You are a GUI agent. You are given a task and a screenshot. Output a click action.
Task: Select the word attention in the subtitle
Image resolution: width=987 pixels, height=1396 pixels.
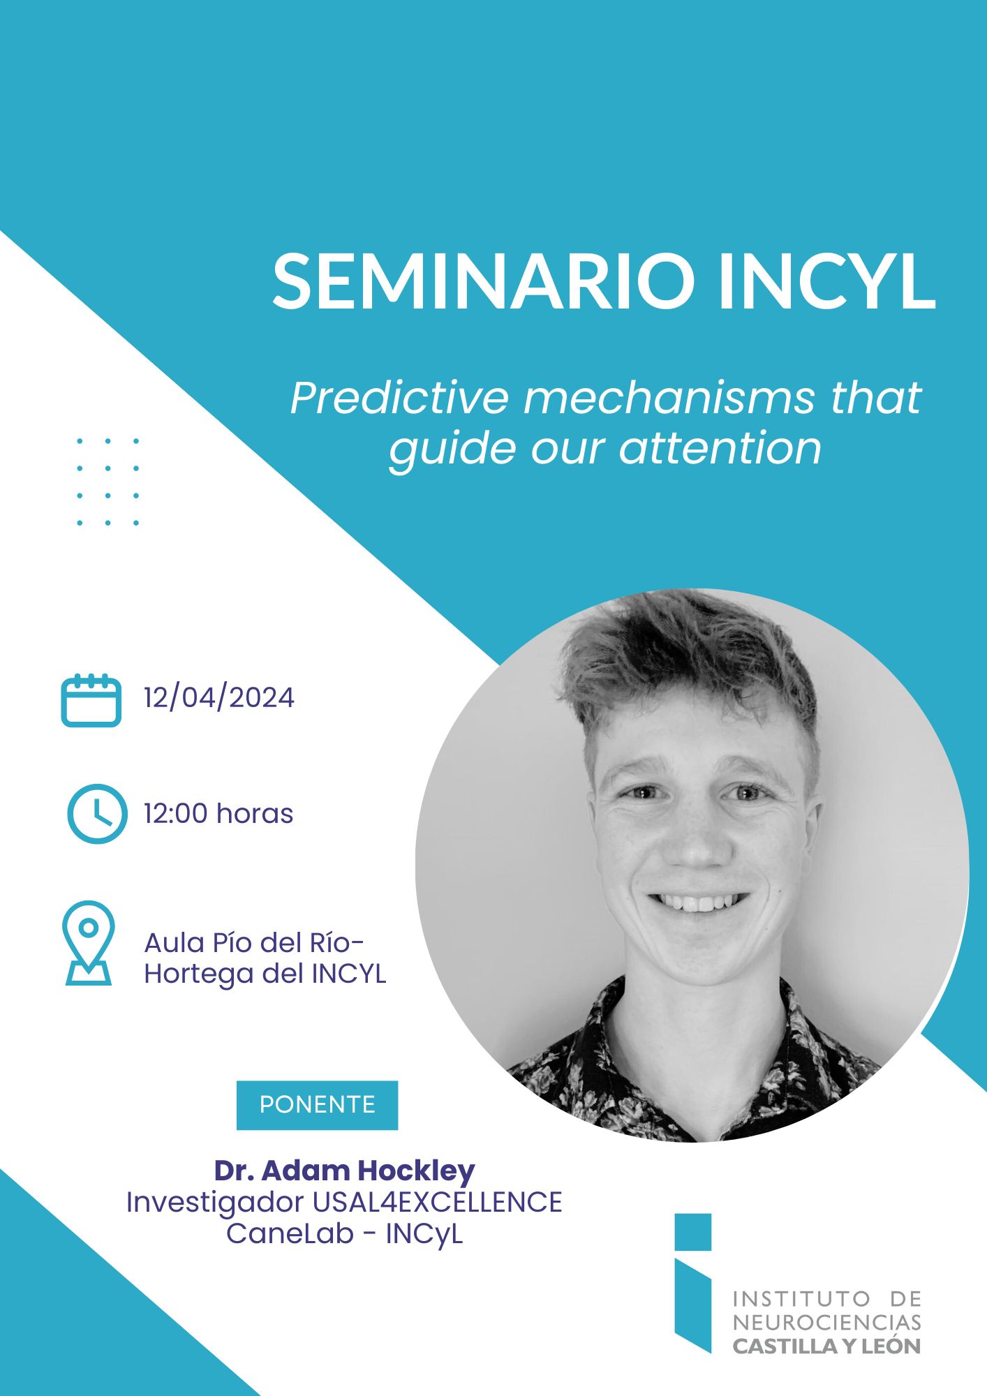(720, 448)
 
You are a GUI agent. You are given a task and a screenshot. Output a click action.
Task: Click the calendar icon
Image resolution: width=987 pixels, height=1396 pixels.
(91, 700)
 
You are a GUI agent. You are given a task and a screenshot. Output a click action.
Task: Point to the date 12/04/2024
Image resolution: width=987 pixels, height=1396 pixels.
(219, 698)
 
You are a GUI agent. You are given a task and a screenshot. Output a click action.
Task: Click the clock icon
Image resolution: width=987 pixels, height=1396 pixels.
(97, 814)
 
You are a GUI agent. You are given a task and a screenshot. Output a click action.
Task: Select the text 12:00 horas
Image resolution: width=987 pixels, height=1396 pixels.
(218, 814)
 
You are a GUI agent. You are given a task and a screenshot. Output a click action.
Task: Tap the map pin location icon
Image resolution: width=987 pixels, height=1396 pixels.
(88, 942)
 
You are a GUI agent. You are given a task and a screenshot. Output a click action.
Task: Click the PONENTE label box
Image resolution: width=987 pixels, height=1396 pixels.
(317, 1105)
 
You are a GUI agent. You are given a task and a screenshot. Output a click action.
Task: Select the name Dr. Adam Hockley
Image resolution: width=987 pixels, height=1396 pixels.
(344, 1171)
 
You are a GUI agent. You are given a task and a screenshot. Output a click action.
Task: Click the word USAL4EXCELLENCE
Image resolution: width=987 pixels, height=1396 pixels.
(437, 1202)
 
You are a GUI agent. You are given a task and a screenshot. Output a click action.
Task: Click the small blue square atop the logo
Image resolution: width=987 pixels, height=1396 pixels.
(693, 1232)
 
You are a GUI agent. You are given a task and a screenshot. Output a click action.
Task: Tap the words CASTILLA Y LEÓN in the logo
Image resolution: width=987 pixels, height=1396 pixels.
(826, 1346)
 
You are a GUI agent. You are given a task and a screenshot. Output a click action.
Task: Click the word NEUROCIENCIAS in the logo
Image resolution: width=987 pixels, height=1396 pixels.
(826, 1322)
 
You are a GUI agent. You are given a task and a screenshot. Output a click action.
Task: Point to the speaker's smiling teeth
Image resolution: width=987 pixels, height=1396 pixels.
(698, 903)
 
